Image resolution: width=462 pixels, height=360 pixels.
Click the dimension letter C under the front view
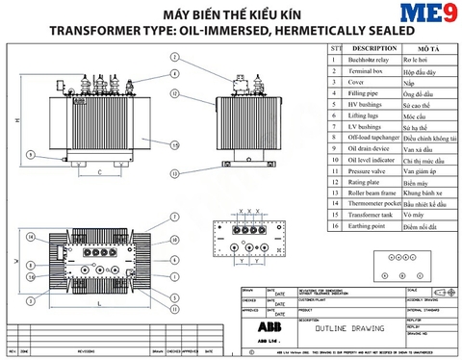pos(100,172)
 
